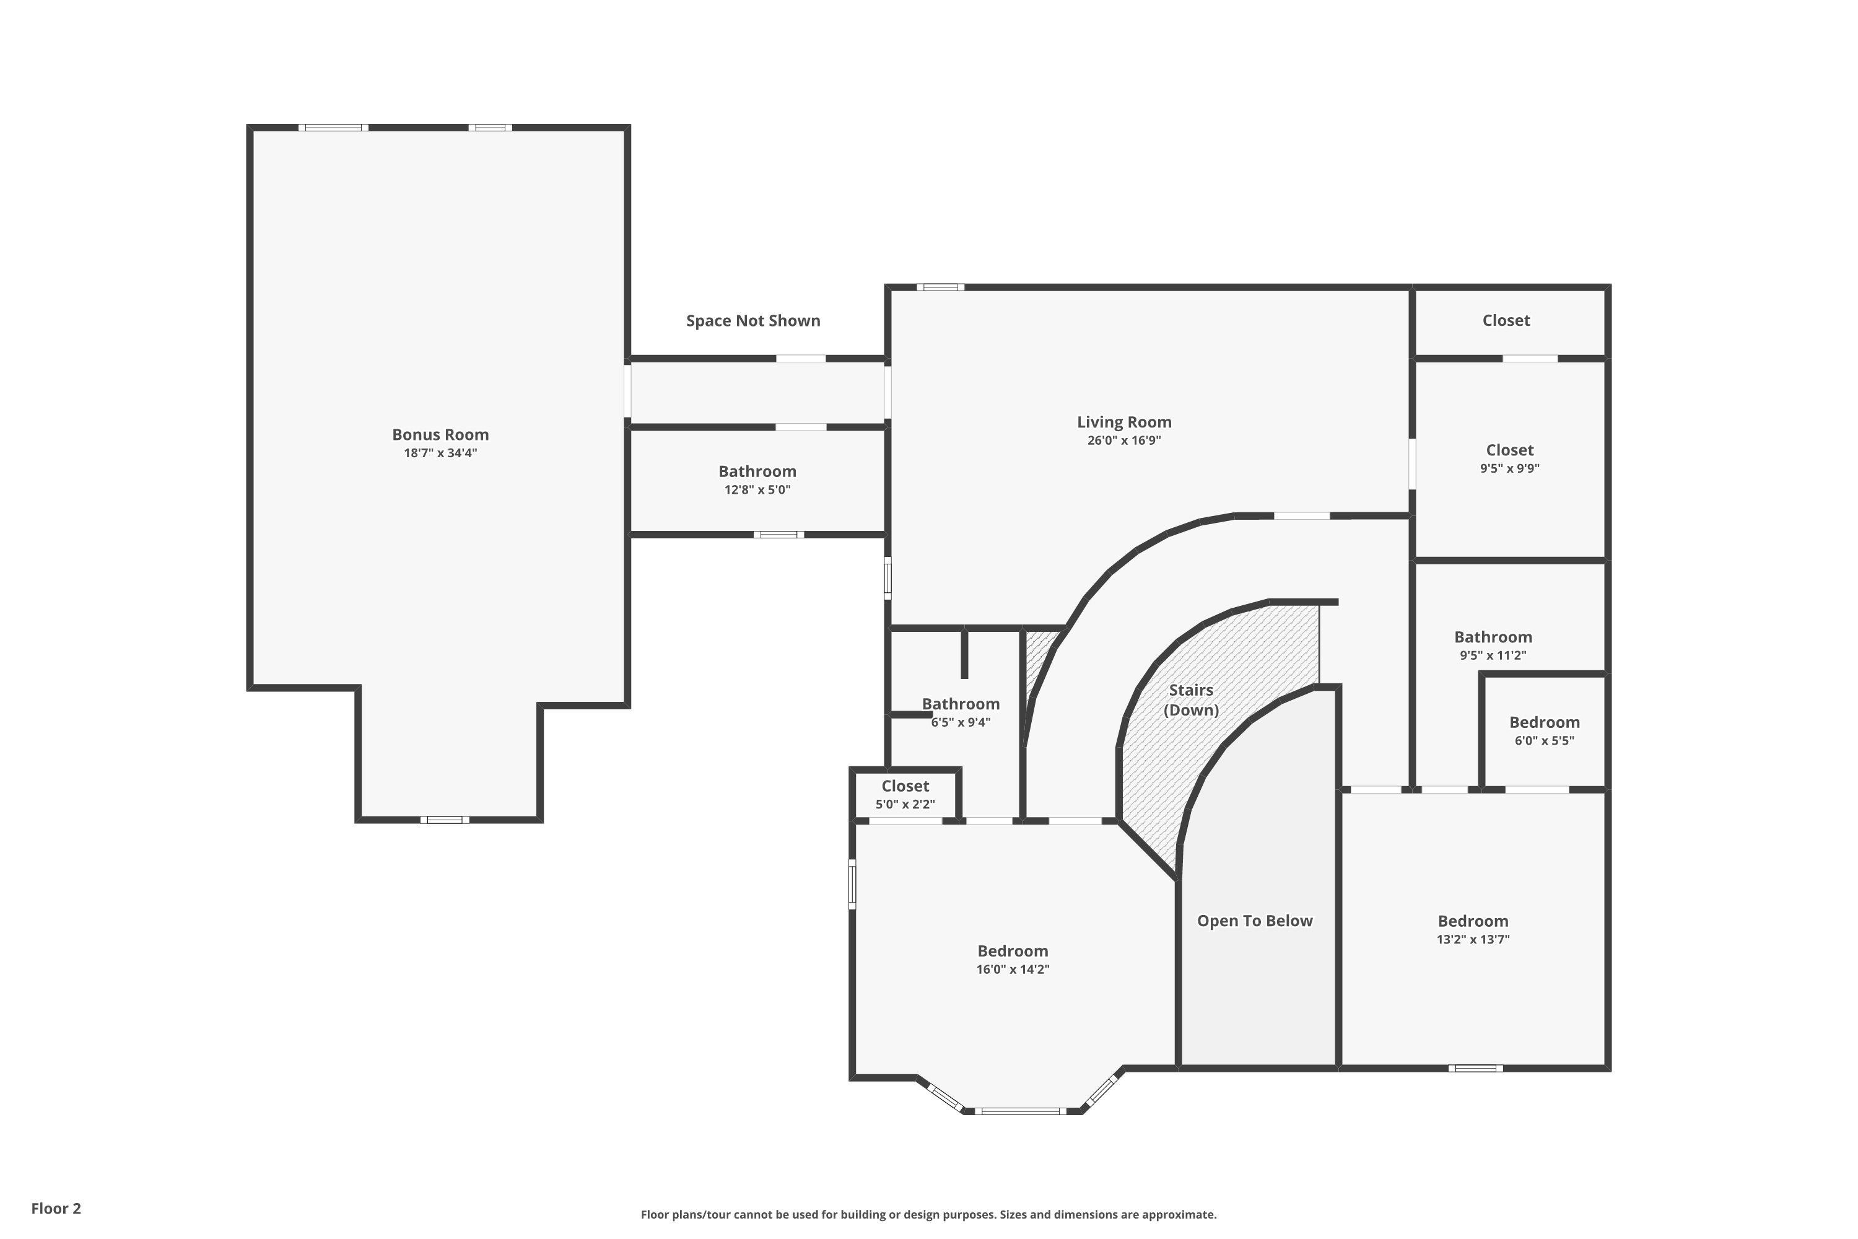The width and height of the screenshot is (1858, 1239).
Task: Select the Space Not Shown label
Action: (753, 321)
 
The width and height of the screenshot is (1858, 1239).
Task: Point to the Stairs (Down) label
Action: (1191, 700)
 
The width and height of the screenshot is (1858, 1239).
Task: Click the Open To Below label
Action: (1255, 921)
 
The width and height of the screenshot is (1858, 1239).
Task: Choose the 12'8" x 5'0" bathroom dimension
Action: (757, 490)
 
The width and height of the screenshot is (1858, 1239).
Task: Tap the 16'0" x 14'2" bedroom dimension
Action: (1013, 970)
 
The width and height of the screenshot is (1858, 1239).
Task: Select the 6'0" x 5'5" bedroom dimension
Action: (1545, 741)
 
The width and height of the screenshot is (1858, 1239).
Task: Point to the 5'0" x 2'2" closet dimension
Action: (905, 804)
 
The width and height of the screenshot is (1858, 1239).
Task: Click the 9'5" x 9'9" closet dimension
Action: (1510, 468)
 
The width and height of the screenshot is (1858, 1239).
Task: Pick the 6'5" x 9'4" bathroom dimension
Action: (961, 722)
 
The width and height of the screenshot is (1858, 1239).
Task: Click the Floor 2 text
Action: (56, 1208)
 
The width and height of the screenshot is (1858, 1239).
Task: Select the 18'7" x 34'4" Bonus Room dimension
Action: (441, 453)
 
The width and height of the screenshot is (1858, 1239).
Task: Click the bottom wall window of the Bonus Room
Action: (445, 820)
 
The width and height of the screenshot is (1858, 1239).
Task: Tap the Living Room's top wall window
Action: (940, 287)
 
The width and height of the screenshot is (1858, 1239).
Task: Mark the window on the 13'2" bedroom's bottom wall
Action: (1476, 1068)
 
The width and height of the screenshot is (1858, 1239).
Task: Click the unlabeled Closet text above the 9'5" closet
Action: (1506, 321)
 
